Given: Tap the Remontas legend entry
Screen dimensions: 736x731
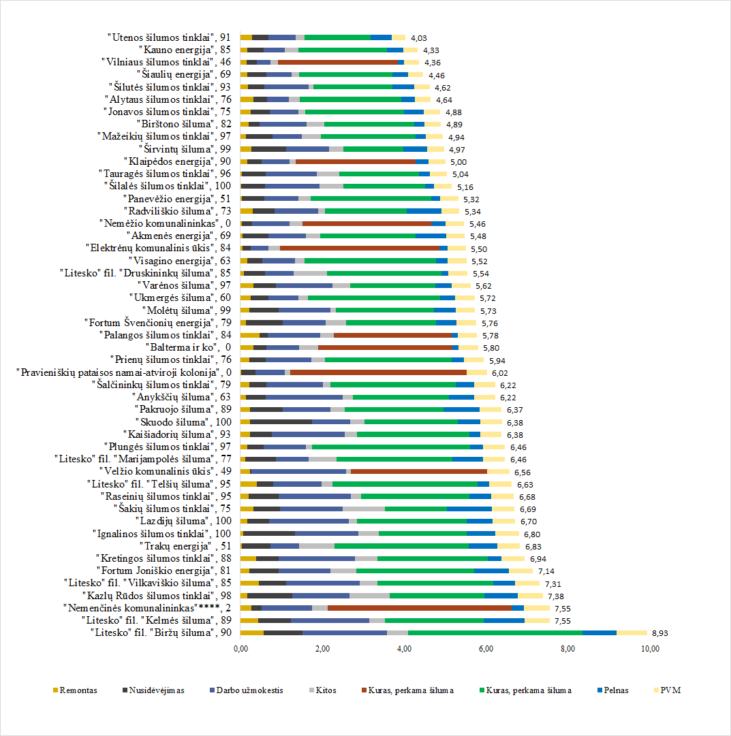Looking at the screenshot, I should tap(74, 690).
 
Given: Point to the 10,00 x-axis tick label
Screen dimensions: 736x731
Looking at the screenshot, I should tap(651, 648).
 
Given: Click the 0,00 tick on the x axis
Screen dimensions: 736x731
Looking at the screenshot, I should tap(240, 648).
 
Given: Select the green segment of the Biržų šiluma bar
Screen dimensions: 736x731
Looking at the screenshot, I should tap(495, 633).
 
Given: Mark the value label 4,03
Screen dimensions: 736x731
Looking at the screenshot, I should tap(419, 38).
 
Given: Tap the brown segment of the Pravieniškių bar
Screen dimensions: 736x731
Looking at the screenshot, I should tap(378, 372).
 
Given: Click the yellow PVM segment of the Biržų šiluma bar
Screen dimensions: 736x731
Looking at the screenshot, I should tap(632, 633).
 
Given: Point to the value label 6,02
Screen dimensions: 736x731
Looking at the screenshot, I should tap(500, 373).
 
